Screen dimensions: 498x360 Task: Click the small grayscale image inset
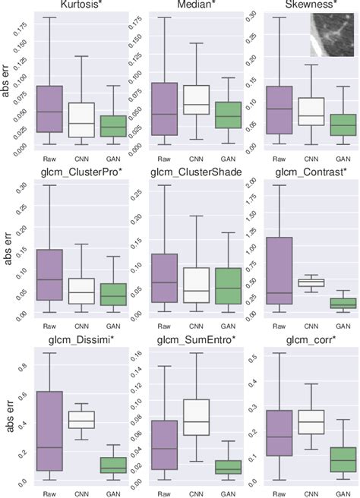332,36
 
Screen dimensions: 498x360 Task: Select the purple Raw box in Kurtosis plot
49,109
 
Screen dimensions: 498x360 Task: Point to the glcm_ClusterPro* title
79,172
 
